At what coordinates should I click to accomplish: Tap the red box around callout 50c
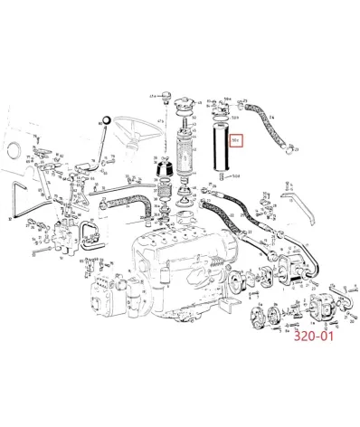[235, 140]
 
